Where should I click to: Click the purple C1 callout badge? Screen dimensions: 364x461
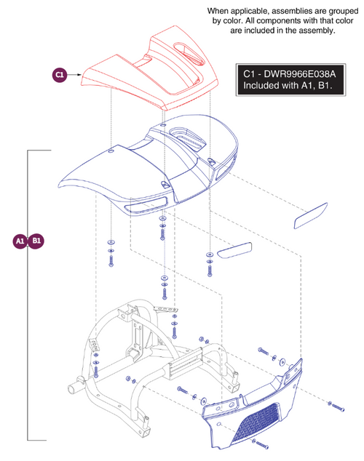pyautogui.click(x=60, y=75)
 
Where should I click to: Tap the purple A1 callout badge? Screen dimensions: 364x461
pyautogui.click(x=20, y=241)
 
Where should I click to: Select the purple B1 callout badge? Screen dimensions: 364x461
pyautogui.click(x=36, y=241)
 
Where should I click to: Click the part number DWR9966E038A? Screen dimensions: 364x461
pyautogui.click(x=299, y=73)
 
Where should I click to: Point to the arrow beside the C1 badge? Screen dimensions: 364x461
pyautogui.click(x=74, y=75)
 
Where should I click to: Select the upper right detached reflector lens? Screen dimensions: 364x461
pyautogui.click(x=311, y=215)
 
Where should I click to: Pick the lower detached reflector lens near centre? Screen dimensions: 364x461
pyautogui.click(x=234, y=250)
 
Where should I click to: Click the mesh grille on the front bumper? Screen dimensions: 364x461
pyautogui.click(x=257, y=422)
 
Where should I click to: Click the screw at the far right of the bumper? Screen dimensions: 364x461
pyautogui.click(x=336, y=406)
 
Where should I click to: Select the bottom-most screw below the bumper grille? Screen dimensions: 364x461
pyautogui.click(x=260, y=444)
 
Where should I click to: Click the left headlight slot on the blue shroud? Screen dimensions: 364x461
pyautogui.click(x=146, y=204)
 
